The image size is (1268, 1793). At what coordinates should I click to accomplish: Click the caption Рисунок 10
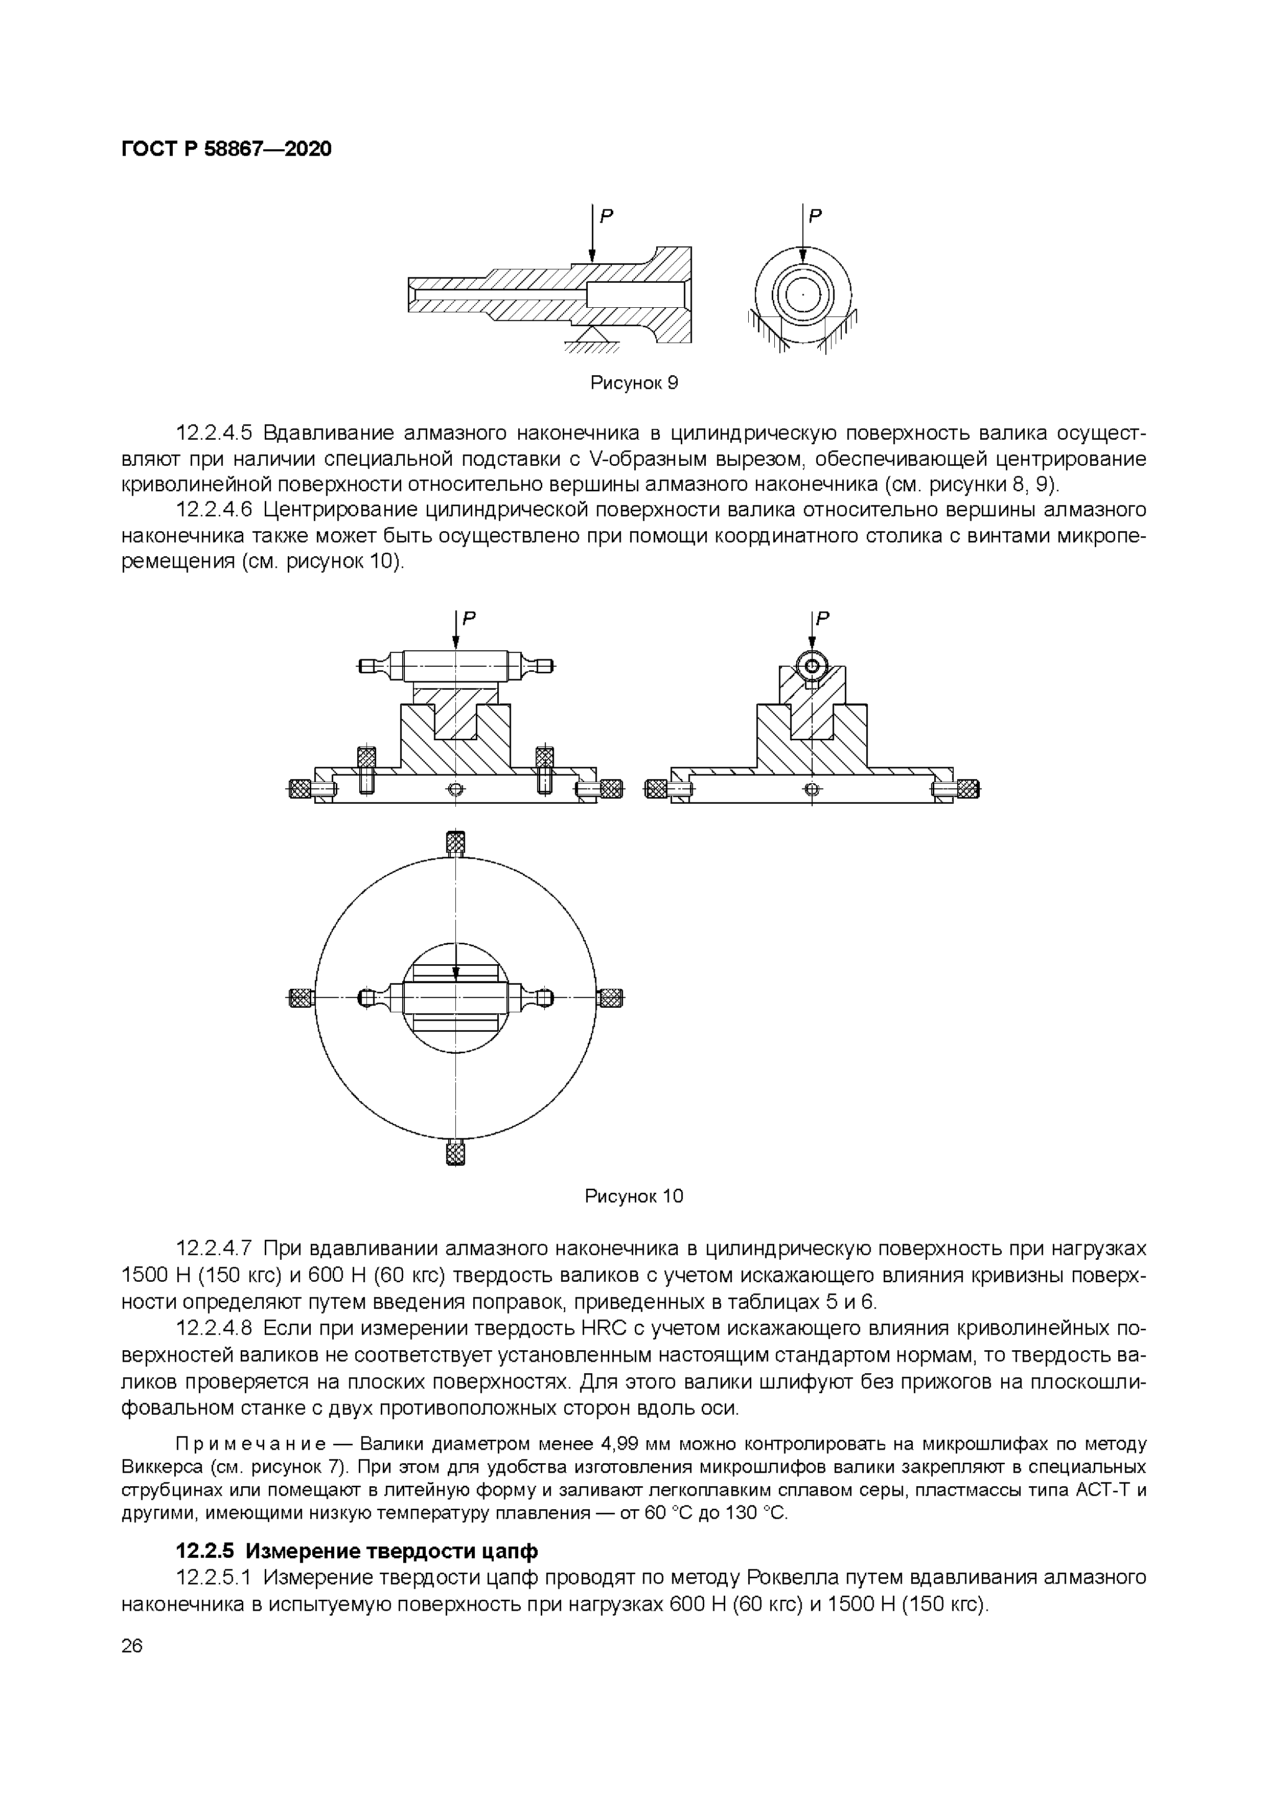pyautogui.click(x=634, y=1196)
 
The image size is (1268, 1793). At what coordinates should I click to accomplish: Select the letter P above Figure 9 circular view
pyautogui.click(x=815, y=216)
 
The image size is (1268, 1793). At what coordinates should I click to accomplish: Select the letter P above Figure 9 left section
pyautogui.click(x=606, y=216)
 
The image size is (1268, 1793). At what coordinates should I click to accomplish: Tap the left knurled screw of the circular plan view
pyautogui.click(x=301, y=998)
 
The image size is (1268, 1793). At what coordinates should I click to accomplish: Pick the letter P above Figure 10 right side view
pyautogui.click(x=823, y=619)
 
